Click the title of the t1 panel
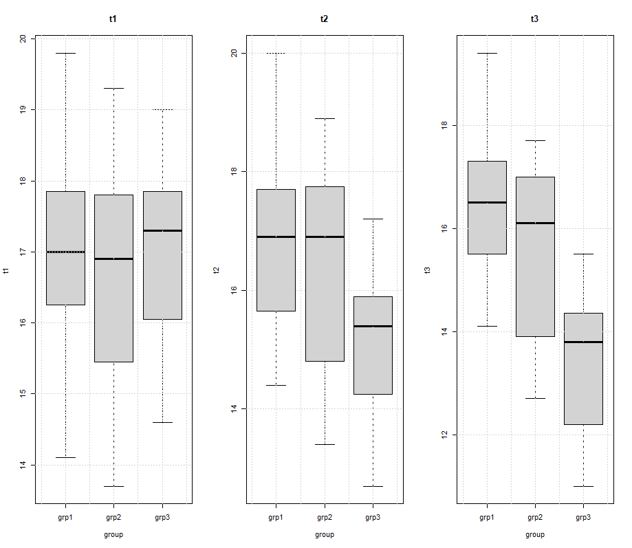pos(113,19)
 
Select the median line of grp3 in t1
pos(162,230)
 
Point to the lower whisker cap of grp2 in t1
pos(113,486)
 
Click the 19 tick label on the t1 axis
pos(23,109)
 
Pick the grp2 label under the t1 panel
pos(113,516)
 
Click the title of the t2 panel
pos(324,19)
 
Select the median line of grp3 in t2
pos(373,326)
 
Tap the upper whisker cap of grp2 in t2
pos(325,118)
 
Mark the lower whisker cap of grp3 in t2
pos(373,486)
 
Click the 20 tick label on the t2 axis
pos(234,53)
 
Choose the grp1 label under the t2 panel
pos(276,516)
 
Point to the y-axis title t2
pos(217,270)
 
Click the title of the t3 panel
pos(534,19)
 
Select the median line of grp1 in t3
pos(487,202)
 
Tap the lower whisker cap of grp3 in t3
pos(583,486)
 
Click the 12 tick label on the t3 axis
pos(444,435)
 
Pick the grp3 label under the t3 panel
pos(583,516)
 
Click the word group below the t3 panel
pos(534,534)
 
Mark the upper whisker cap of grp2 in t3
pos(535,140)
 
